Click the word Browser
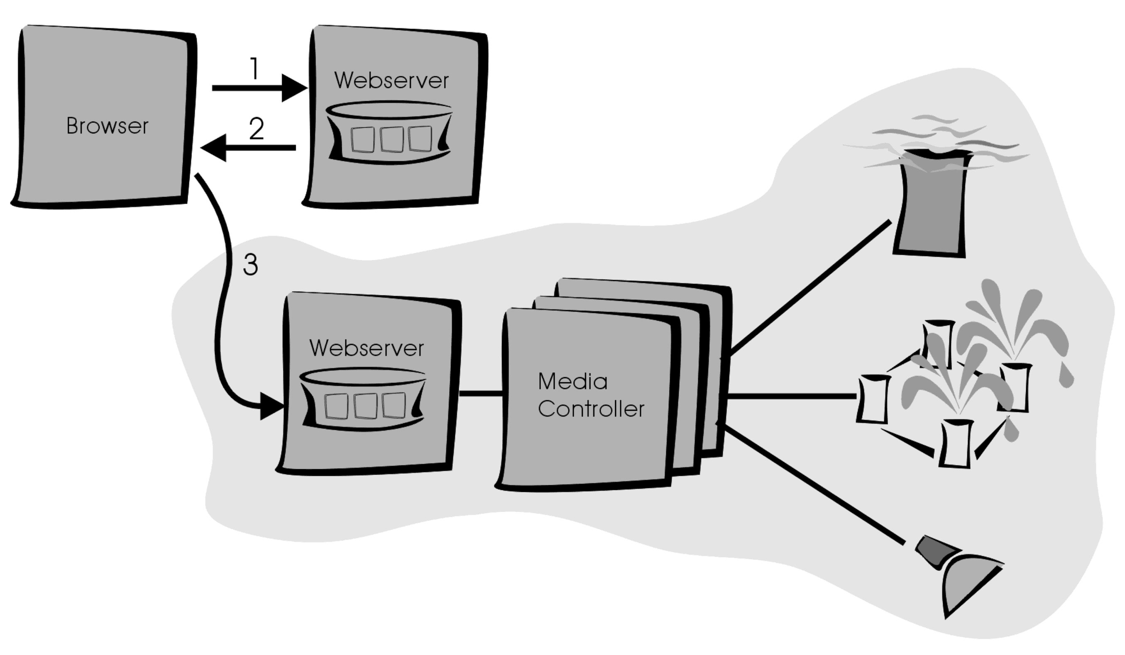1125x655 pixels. (x=107, y=126)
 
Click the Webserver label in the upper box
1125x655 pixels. (x=391, y=81)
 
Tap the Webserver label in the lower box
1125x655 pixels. (x=366, y=348)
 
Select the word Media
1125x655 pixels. (x=572, y=382)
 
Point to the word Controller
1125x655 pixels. (x=591, y=409)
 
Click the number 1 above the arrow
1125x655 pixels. (x=254, y=69)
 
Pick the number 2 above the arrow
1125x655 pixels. (x=256, y=129)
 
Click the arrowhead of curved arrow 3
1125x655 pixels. (x=271, y=407)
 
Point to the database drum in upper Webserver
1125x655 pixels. (x=389, y=134)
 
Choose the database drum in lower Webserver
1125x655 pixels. (x=362, y=400)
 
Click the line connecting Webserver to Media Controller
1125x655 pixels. (x=481, y=394)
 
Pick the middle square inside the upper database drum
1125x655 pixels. (x=391, y=139)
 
